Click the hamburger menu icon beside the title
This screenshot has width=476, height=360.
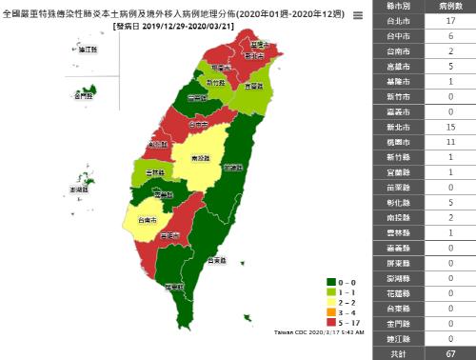click(357, 16)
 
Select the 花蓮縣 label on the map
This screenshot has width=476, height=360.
click(232, 167)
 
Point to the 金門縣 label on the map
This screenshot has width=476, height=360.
click(84, 95)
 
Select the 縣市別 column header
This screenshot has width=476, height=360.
click(395, 7)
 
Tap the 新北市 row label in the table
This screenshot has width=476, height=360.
click(395, 127)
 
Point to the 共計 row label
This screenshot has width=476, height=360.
click(395, 352)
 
